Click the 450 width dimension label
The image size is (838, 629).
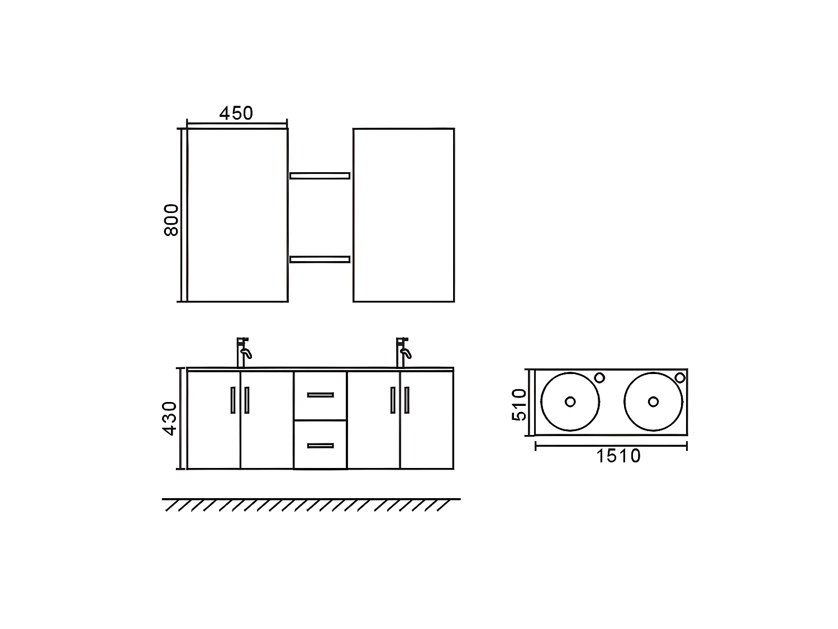pos(236,113)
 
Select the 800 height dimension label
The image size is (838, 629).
pos(171,220)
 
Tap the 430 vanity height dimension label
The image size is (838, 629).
pos(170,418)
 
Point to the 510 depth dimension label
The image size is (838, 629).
pos(519,404)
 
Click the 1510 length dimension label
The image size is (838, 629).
pos(618,456)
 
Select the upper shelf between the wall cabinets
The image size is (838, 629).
pos(320,176)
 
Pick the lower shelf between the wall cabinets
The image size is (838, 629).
pos(320,259)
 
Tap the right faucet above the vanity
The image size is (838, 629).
pos(402,352)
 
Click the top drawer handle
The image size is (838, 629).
pos(320,395)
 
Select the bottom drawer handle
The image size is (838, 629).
pos(320,446)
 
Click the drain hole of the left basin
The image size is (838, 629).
pos(570,401)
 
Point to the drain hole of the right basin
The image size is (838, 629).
pos(653,401)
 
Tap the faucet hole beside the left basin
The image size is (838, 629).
pos(599,377)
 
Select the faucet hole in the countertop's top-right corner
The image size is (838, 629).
pos(679,377)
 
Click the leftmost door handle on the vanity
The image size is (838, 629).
pos(232,400)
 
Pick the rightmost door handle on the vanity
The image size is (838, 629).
pos(407,400)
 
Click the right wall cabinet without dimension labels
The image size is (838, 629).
pos(403,215)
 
